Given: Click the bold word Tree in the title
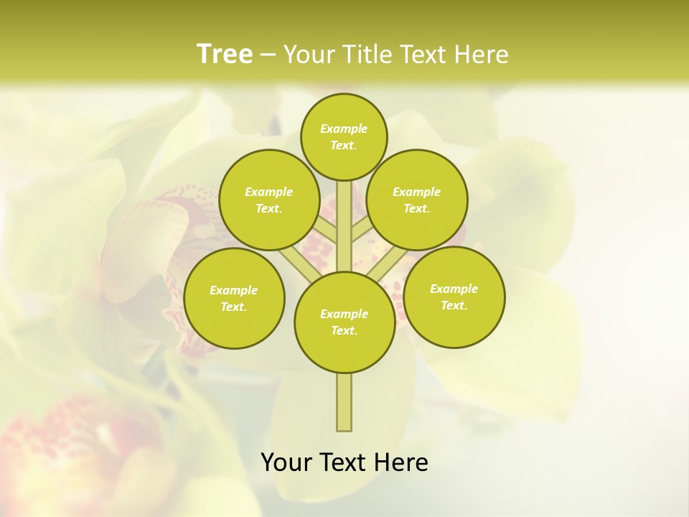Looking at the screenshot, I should coord(225,55).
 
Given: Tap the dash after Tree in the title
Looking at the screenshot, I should coord(267,55).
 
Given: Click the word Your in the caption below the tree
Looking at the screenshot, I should coord(286,462).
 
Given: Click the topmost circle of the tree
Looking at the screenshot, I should coord(344,136).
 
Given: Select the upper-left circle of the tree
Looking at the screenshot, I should coord(268,200).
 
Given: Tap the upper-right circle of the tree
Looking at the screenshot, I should coord(416,200).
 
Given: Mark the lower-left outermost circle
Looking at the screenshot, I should coord(234,298).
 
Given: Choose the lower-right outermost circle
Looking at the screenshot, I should coord(454,297).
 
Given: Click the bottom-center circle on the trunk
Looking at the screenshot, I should coord(344,322).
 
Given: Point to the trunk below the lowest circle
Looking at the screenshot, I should coord(344,402).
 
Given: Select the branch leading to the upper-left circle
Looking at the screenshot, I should coord(324,228).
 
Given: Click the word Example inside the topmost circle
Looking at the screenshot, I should coord(344,129).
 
